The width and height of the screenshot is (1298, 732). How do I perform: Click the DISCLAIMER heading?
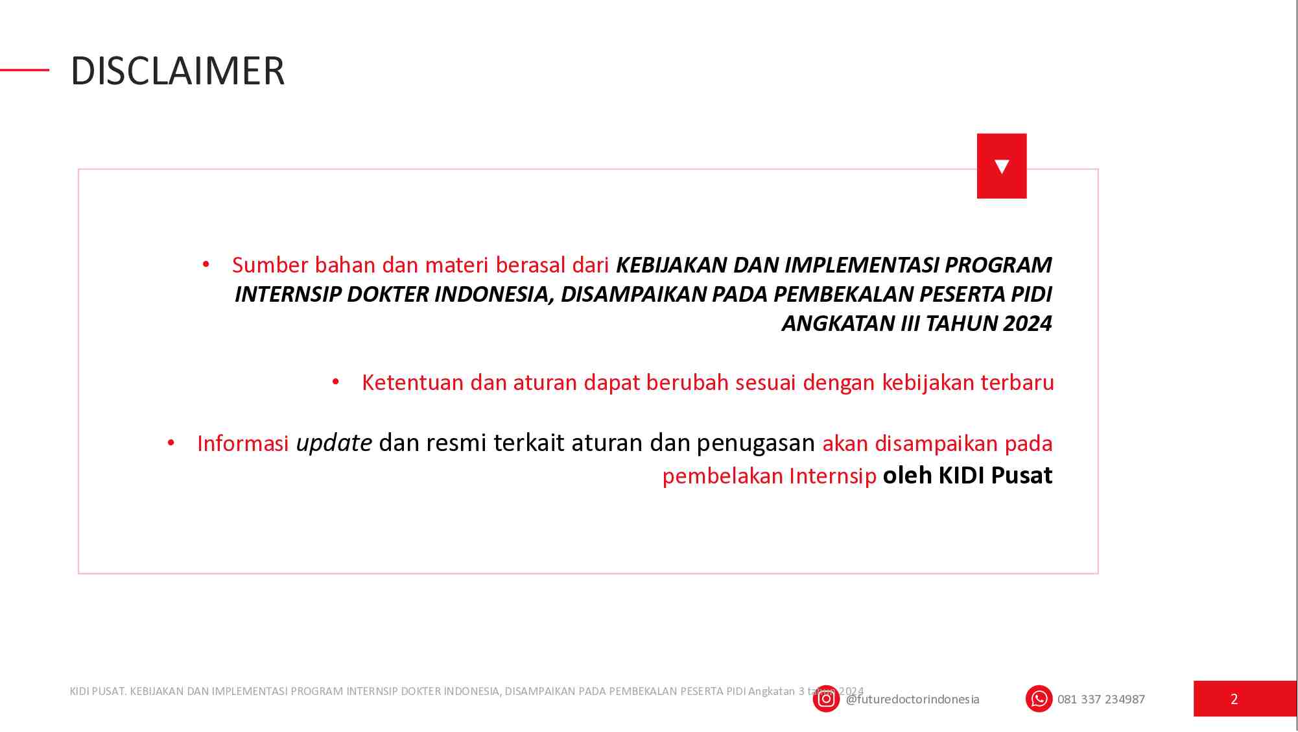pyautogui.click(x=178, y=71)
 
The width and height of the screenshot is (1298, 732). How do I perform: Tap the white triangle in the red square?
pyautogui.click(x=1002, y=166)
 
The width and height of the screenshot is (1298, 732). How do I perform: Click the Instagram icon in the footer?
pyautogui.click(x=826, y=699)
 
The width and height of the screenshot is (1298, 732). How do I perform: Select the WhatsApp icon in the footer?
pyautogui.click(x=1039, y=699)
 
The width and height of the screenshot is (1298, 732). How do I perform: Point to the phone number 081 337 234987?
pyautogui.click(x=1101, y=700)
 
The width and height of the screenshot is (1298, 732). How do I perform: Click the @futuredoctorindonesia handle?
pyautogui.click(x=912, y=700)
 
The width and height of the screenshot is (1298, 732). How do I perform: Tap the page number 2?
pyautogui.click(x=1234, y=699)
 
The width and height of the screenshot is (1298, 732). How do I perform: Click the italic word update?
pyautogui.click(x=334, y=443)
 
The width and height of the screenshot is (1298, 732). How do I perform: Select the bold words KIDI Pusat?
pyautogui.click(x=967, y=476)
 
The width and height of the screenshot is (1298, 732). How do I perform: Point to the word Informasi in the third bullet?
pyautogui.click(x=242, y=443)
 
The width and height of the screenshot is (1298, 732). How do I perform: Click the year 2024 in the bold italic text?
pyautogui.click(x=1028, y=323)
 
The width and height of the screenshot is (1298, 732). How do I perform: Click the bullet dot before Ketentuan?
pyautogui.click(x=336, y=382)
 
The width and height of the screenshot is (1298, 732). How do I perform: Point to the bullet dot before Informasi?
pyautogui.click(x=171, y=443)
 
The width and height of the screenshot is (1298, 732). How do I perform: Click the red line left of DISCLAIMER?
pyautogui.click(x=25, y=69)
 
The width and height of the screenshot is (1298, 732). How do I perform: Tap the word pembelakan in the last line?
pyautogui.click(x=722, y=476)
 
